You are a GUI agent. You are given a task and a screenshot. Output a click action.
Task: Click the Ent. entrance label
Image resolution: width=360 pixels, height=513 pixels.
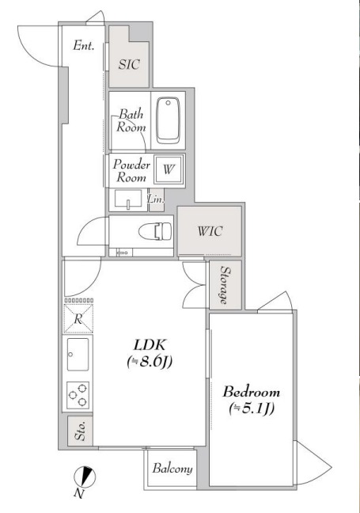click(x=84, y=45)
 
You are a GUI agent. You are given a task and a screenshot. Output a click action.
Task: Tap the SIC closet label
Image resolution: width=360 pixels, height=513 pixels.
click(x=129, y=64)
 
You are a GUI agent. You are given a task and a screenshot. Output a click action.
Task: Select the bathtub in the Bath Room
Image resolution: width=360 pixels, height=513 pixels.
click(x=168, y=120)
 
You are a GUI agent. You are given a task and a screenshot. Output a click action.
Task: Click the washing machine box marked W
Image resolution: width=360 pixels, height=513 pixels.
click(x=169, y=169)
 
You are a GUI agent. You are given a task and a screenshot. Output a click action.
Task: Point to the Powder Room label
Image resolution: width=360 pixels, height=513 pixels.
click(x=131, y=171)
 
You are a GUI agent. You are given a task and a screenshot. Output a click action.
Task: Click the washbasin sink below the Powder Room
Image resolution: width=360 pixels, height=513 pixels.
click(x=128, y=199)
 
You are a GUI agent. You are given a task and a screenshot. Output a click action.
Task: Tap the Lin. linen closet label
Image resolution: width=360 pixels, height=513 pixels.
click(x=155, y=199)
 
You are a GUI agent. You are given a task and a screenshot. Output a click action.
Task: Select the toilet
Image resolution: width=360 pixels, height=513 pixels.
click(x=155, y=231)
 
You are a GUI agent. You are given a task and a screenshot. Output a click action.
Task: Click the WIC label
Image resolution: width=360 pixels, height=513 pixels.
click(x=210, y=231)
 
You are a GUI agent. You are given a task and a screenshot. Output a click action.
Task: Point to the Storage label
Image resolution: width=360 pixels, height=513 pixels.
click(x=224, y=285)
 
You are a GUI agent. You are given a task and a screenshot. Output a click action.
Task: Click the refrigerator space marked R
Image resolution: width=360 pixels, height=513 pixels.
click(x=78, y=319)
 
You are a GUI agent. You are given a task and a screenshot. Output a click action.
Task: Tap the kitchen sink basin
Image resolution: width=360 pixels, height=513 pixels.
click(x=78, y=355)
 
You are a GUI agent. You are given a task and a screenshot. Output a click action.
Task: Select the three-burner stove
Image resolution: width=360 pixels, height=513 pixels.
click(x=78, y=395)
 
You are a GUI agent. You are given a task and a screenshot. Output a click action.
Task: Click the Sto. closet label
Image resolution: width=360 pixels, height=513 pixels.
click(x=80, y=431)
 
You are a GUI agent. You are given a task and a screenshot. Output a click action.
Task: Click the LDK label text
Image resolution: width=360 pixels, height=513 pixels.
click(x=150, y=345)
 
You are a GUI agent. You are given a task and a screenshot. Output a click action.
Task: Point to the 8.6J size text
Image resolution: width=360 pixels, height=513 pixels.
click(x=150, y=362)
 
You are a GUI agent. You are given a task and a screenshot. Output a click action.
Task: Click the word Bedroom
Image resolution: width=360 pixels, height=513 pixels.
click(x=251, y=392)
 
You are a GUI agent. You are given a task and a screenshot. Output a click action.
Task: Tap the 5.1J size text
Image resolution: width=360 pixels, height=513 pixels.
click(x=252, y=408)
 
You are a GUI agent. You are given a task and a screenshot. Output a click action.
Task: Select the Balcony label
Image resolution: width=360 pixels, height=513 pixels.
click(x=172, y=469)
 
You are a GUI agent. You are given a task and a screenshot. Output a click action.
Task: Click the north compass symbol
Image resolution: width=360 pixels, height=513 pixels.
click(x=85, y=477)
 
